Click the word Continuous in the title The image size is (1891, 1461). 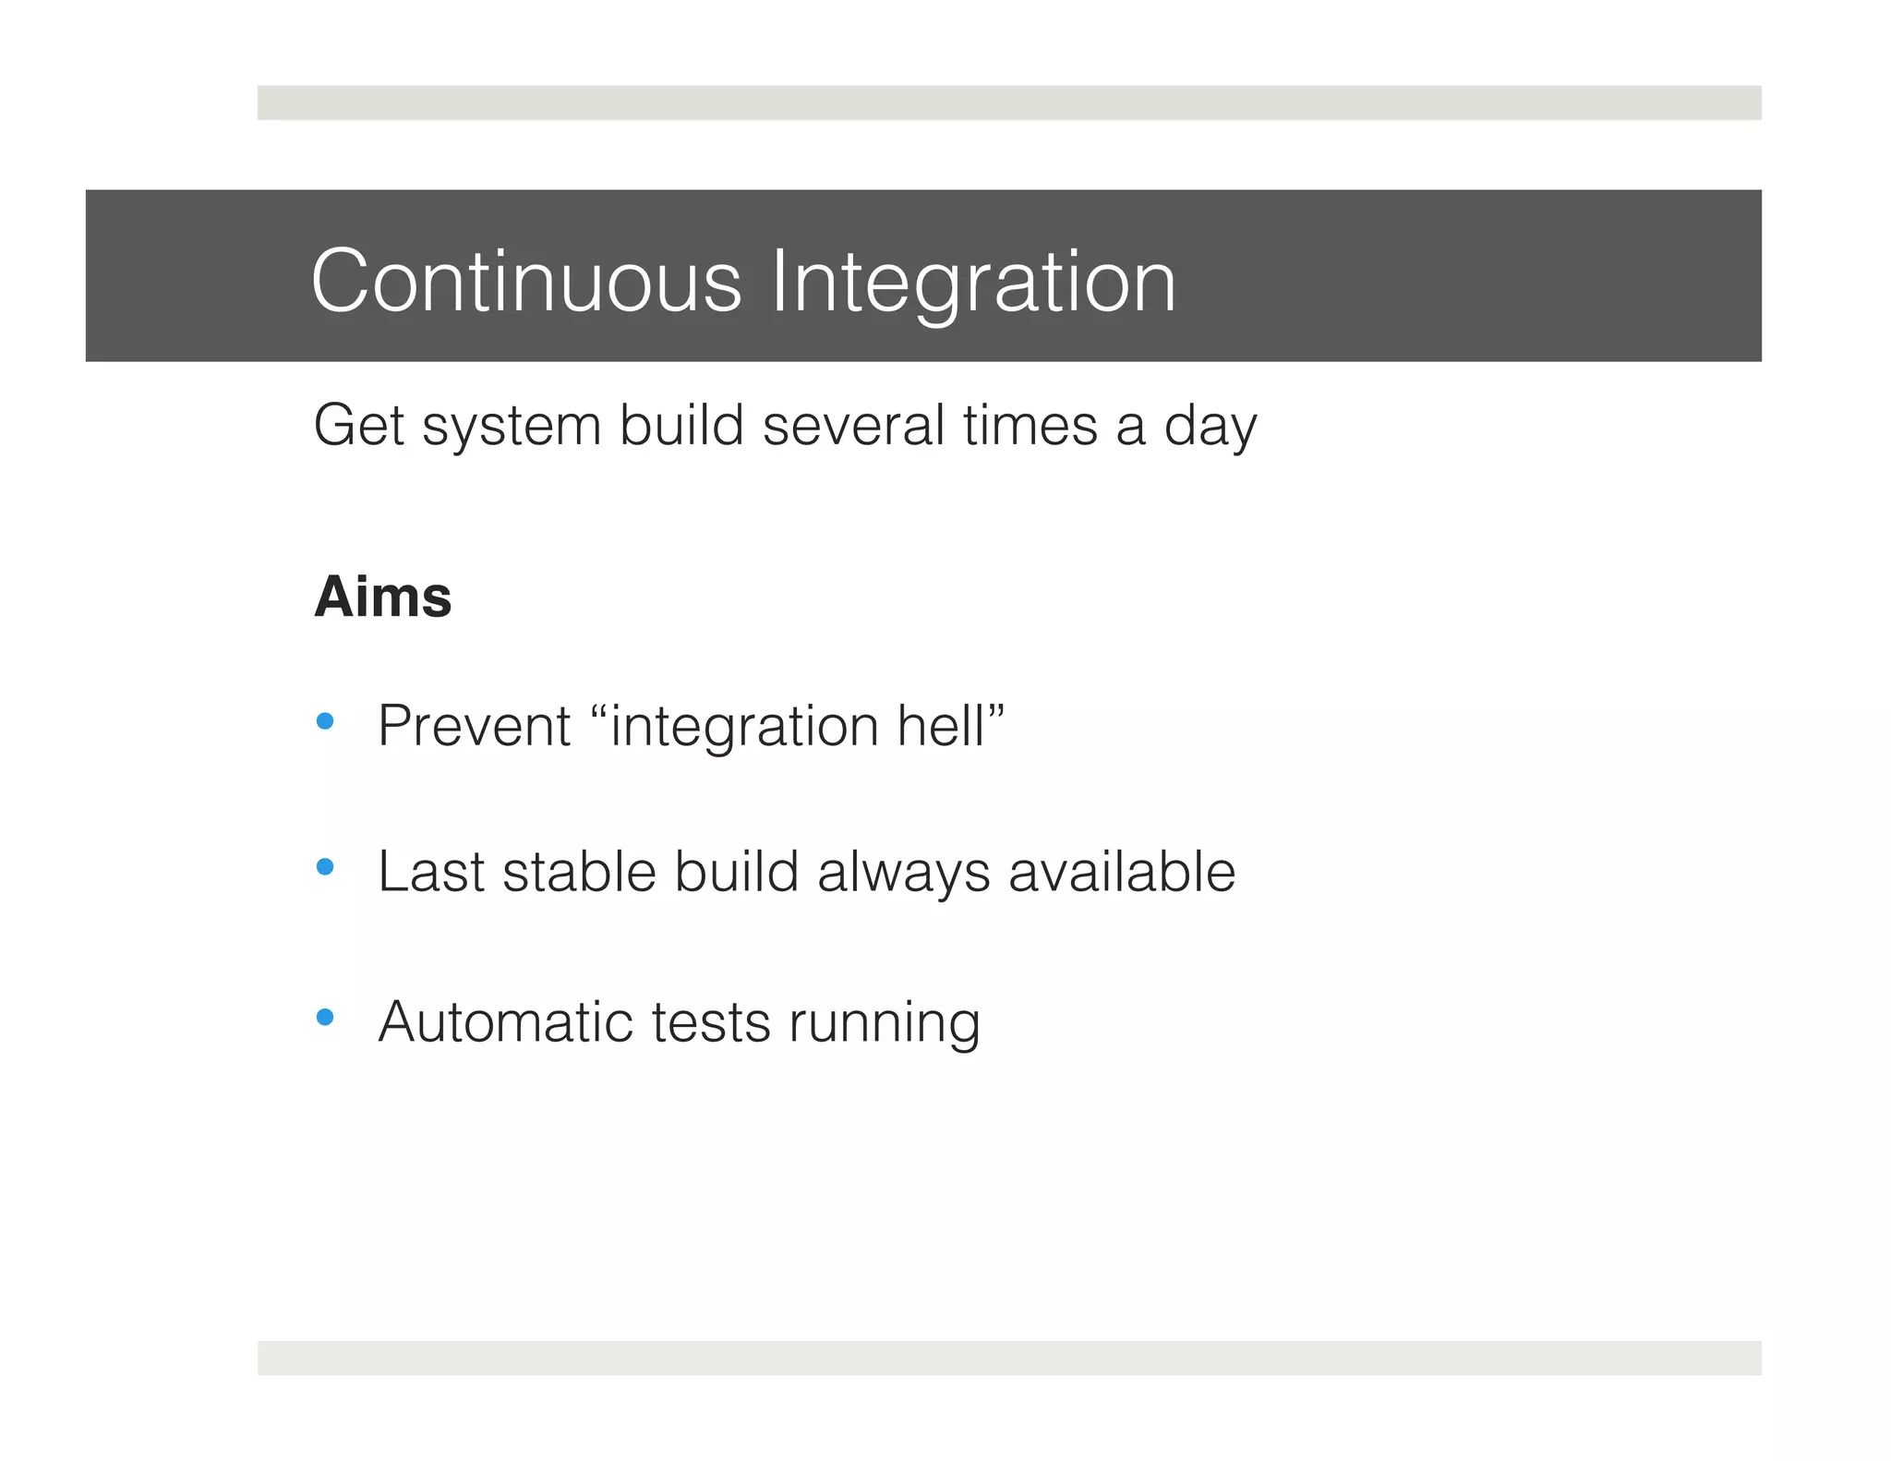point(526,281)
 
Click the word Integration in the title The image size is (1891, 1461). point(973,281)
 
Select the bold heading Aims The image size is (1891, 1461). point(382,597)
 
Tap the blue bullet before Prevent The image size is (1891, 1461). point(324,721)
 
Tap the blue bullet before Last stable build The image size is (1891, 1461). point(324,867)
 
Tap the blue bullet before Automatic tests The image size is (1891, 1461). point(324,1018)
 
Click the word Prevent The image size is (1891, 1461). point(475,726)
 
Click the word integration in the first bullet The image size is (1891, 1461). point(744,726)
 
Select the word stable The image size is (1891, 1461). point(579,872)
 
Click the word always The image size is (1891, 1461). point(903,872)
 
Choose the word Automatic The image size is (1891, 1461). point(505,1022)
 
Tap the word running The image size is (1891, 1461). point(884,1022)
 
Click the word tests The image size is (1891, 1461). point(711,1022)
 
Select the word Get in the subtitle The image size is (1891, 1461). point(359,426)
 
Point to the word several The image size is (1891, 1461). point(854,426)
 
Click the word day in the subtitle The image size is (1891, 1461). point(1210,426)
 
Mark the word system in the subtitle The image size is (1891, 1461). point(512,426)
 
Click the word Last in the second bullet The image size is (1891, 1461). point(431,872)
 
